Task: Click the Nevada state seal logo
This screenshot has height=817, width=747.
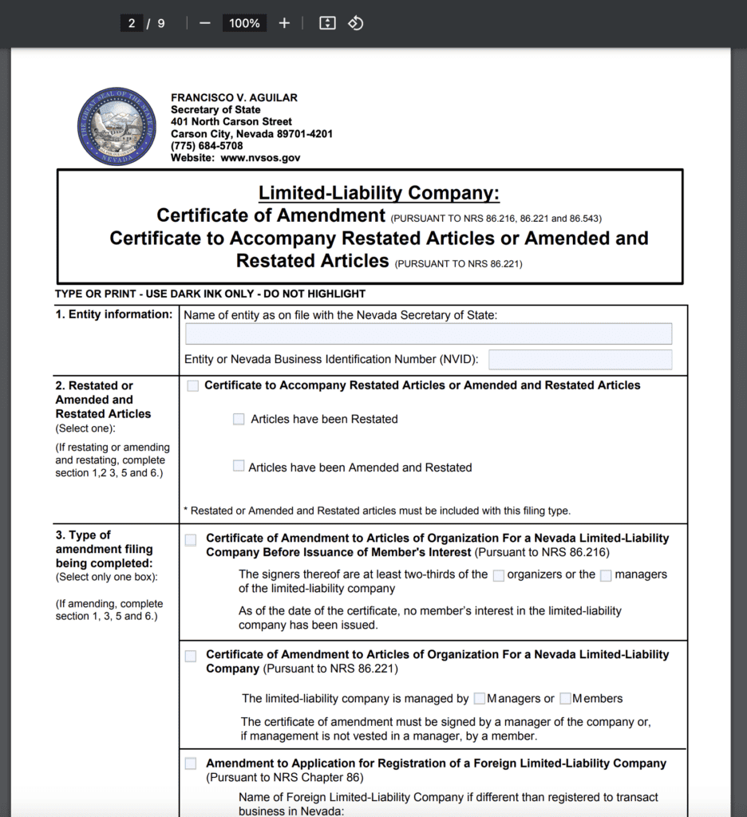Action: coord(117,127)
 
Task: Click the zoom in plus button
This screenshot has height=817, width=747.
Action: coord(284,23)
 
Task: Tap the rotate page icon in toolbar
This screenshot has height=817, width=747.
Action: coord(356,23)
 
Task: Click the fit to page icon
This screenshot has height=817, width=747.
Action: coord(327,23)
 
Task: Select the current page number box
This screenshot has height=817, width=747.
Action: coord(132,23)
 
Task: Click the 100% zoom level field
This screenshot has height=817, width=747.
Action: coord(244,23)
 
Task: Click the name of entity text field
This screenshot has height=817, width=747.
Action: coord(429,334)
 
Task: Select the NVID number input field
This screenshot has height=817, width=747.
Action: coord(580,360)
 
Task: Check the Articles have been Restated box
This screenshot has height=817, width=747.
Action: coord(239,419)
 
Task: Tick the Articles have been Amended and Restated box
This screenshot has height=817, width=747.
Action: coord(239,466)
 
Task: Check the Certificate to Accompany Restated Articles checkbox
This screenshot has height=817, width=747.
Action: coord(193,386)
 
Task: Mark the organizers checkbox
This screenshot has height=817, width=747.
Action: coord(499,575)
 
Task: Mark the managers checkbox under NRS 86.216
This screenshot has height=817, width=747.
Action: coord(606,575)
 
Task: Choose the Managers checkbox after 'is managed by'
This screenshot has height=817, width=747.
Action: coord(480,699)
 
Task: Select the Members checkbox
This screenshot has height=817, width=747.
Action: coord(565,699)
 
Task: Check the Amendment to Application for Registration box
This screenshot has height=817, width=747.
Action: coord(191,764)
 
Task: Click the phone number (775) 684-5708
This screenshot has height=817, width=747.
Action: coord(207,146)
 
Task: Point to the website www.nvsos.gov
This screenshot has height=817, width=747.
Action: coord(260,158)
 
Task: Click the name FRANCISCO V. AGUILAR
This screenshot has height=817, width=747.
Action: coord(234,97)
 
